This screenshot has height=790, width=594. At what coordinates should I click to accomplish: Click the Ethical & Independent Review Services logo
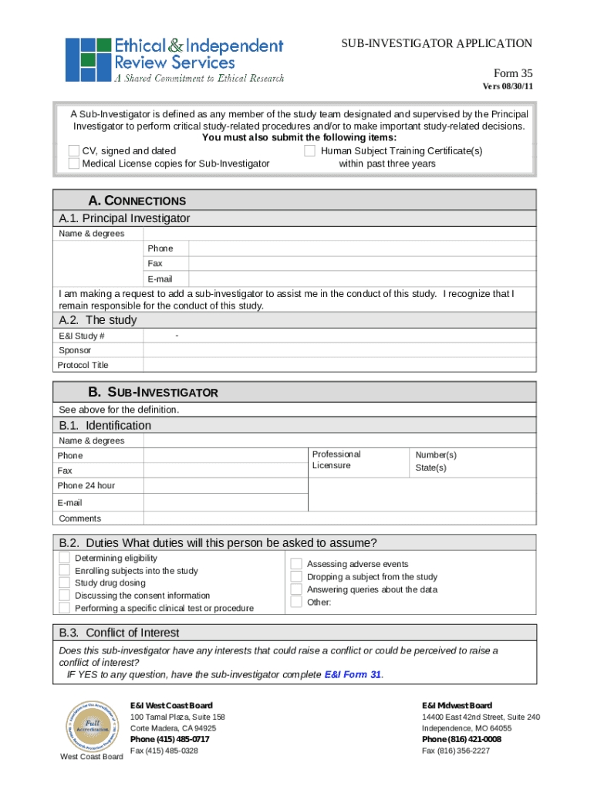click(174, 60)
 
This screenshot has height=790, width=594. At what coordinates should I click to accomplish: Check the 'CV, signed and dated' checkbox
click(74, 151)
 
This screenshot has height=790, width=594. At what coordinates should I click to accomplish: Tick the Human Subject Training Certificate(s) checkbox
click(310, 151)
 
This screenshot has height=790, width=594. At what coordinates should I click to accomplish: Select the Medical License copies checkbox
click(74, 164)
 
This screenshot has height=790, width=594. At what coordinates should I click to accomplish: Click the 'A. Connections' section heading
click(137, 201)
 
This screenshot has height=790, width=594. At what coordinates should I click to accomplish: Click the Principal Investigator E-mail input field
click(361, 279)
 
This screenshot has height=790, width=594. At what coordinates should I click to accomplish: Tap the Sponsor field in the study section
click(339, 350)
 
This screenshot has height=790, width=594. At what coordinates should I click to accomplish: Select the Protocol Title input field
click(339, 365)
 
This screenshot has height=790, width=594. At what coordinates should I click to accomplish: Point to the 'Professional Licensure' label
click(336, 460)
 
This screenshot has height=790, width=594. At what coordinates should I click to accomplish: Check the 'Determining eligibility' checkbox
click(65, 558)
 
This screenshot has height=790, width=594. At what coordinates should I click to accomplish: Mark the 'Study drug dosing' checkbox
click(65, 583)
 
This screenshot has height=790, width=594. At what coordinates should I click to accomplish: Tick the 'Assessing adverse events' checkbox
click(296, 564)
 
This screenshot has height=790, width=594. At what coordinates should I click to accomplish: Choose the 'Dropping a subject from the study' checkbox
click(296, 577)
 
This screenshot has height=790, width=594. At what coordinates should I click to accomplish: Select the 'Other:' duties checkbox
click(296, 602)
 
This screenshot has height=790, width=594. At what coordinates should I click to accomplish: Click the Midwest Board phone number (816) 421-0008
click(461, 739)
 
